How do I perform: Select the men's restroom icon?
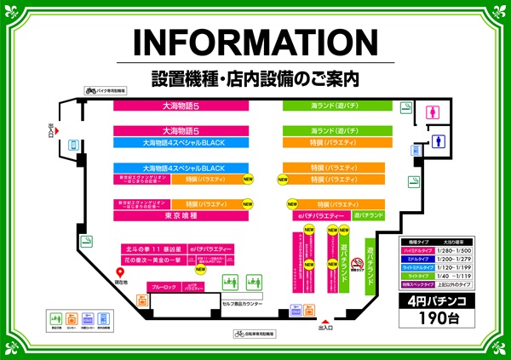[x=439, y=141]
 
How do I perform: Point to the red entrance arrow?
[x=322, y=317]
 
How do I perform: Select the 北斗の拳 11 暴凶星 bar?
[x=151, y=249]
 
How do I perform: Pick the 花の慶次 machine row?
[x=151, y=260]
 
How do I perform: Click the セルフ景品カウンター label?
[x=243, y=304]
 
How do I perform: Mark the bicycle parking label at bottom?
[x=256, y=334]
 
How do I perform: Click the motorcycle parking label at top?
[x=106, y=89]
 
